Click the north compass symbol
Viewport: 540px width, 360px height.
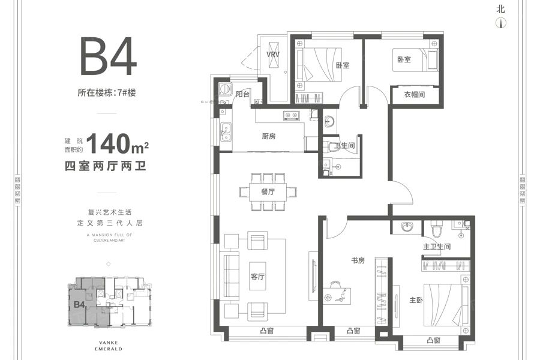tap(499, 23)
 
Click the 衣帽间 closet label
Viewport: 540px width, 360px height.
tap(414, 94)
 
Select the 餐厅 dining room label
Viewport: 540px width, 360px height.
tap(268, 192)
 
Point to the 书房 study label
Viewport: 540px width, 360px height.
tap(359, 261)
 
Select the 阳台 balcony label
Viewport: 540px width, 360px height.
tap(242, 94)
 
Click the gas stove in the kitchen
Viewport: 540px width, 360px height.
tap(291, 115)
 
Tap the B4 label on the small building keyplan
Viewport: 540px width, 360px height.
tap(78, 304)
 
